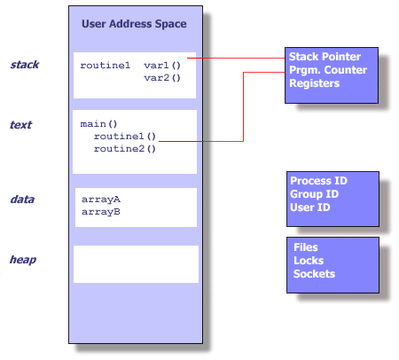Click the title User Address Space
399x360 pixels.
coord(134,24)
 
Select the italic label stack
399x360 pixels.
coord(24,65)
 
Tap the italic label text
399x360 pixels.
coord(20,125)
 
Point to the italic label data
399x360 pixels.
coord(21,200)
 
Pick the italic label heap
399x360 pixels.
coord(22,260)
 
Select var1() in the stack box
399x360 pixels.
coord(161,66)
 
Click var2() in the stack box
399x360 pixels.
coord(161,78)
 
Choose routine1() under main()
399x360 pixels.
coord(124,137)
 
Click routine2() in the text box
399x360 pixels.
coord(124,149)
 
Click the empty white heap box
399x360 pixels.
coord(136,264)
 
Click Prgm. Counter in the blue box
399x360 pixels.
coord(326,69)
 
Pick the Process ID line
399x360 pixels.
coord(317,181)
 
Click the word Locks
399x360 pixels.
coord(309,261)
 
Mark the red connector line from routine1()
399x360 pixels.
coord(242,106)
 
